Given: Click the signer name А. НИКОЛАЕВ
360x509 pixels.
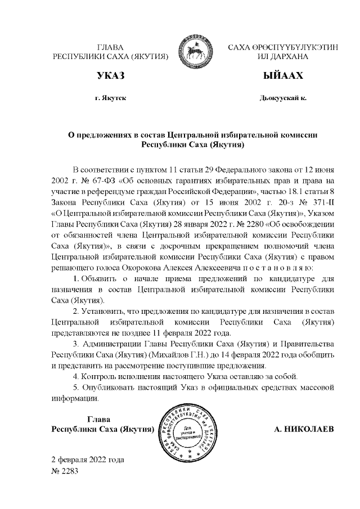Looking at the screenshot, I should [304, 430].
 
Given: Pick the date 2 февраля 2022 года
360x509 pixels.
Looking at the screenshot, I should [87, 460].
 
